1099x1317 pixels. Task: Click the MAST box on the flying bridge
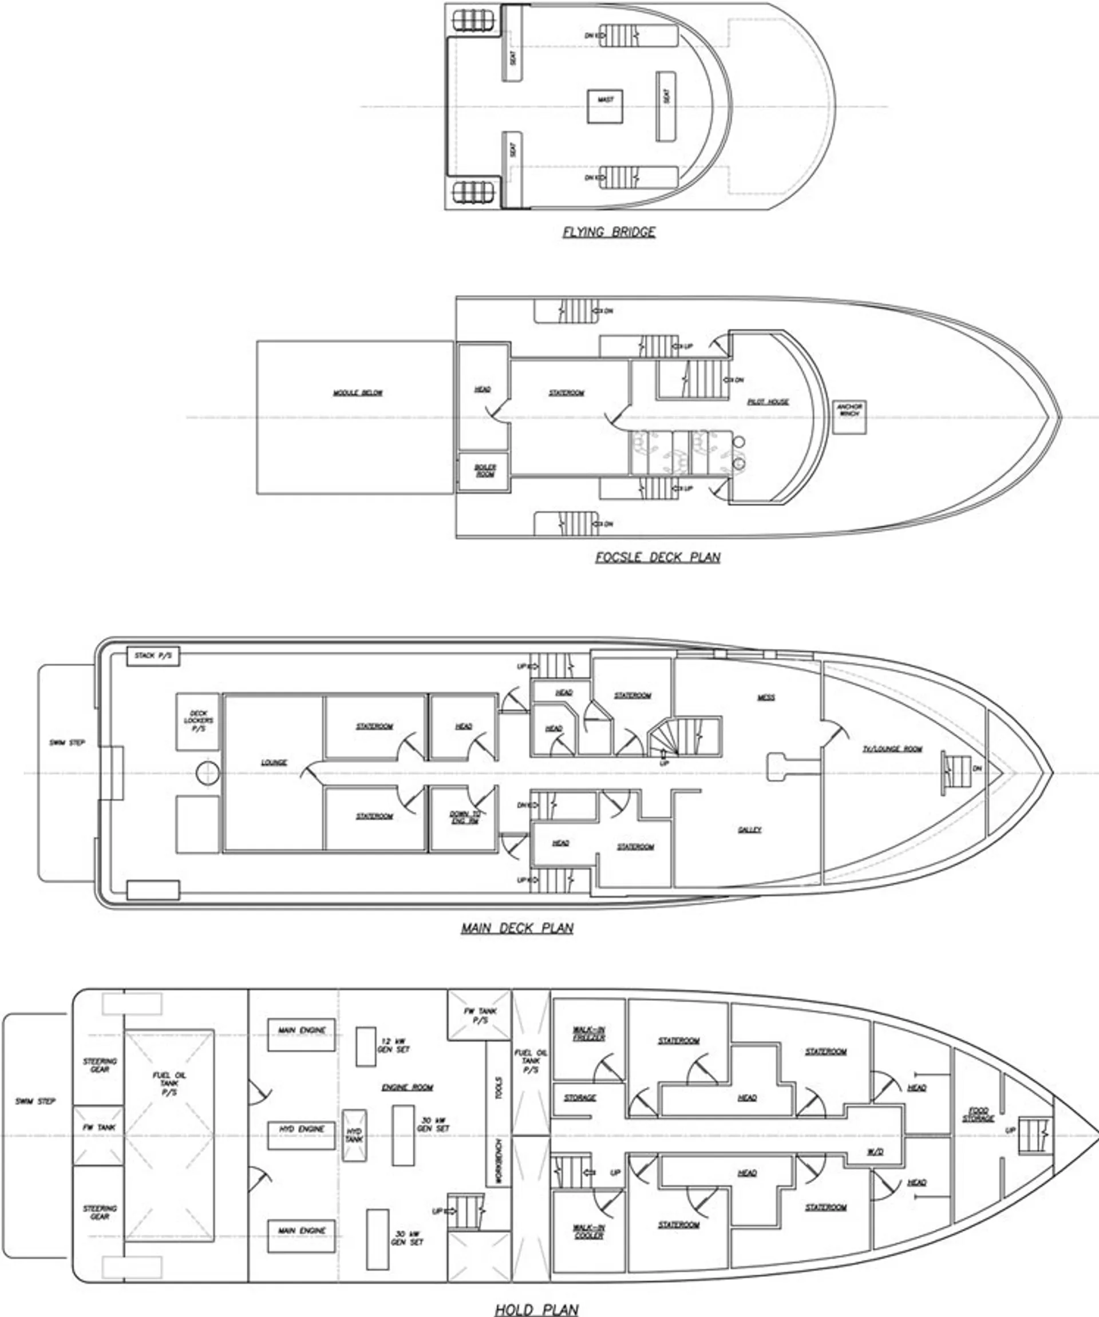click(606, 106)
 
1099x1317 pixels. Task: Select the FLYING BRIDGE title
click(608, 232)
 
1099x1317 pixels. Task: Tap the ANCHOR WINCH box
click(849, 416)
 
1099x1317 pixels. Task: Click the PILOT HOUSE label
click(768, 402)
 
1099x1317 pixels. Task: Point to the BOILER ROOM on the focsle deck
click(484, 471)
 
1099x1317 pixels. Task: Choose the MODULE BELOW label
click(357, 393)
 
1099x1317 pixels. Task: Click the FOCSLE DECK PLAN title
click(657, 557)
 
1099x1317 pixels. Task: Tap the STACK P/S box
click(153, 657)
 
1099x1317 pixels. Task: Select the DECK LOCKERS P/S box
click(197, 721)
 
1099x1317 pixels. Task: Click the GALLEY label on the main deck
click(750, 830)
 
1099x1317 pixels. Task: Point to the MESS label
click(766, 697)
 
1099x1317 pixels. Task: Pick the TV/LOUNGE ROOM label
click(892, 749)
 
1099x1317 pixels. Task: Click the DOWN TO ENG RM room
click(464, 817)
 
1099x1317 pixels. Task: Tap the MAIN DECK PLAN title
click(517, 927)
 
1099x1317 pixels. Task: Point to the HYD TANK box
click(354, 1135)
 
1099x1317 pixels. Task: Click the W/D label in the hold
click(876, 1152)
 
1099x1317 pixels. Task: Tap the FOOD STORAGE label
click(978, 1115)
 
